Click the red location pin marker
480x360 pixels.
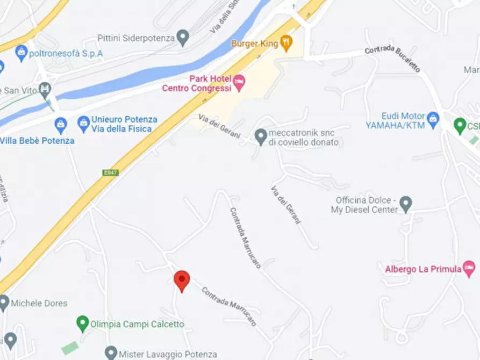click(x=182, y=280)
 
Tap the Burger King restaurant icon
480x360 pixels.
click(x=286, y=43)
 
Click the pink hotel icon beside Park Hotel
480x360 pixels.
click(x=239, y=83)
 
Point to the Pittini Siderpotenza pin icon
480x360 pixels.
click(x=183, y=38)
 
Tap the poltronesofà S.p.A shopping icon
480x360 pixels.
click(x=22, y=53)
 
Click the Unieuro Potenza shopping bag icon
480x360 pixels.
click(x=83, y=124)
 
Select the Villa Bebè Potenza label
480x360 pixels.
click(x=37, y=140)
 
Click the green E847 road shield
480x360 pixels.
click(x=110, y=172)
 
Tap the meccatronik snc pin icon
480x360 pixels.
click(x=261, y=137)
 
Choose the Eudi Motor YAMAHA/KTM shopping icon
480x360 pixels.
click(x=433, y=117)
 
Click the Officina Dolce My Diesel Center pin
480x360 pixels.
click(x=406, y=204)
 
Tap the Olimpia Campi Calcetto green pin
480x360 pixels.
click(x=82, y=324)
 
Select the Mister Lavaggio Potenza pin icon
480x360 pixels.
click(x=111, y=353)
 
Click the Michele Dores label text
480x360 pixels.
click(x=39, y=303)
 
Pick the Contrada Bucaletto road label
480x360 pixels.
click(x=392, y=60)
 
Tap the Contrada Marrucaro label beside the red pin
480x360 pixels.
click(x=229, y=307)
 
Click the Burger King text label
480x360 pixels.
click(x=255, y=44)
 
